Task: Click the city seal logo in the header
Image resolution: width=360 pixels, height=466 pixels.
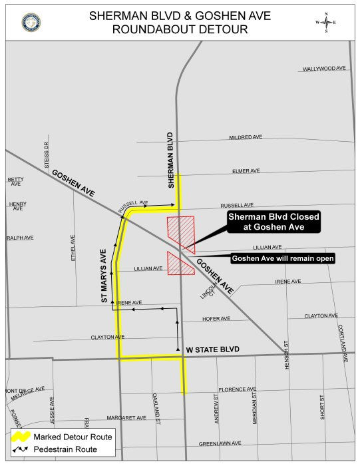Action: click(31, 22)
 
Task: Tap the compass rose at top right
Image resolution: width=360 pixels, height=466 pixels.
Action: click(325, 23)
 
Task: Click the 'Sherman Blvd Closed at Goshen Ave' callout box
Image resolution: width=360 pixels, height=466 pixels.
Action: click(273, 222)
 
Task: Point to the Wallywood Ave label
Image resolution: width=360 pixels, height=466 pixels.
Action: click(324, 69)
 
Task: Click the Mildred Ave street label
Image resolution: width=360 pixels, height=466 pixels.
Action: click(246, 137)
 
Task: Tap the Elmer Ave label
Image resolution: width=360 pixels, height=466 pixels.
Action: click(246, 171)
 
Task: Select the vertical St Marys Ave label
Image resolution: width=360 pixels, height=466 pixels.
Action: click(104, 276)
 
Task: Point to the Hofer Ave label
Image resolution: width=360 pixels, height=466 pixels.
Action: click(216, 319)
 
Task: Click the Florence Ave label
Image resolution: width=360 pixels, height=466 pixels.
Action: click(237, 389)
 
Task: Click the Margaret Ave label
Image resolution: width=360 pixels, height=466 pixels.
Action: click(126, 418)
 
